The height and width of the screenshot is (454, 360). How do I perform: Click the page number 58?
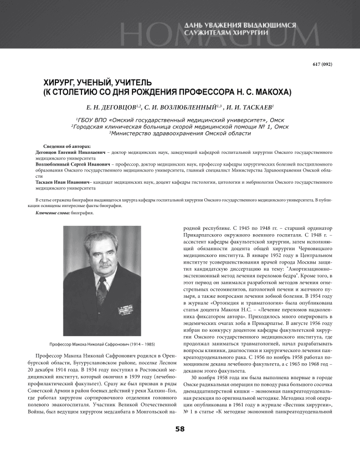point(180,430)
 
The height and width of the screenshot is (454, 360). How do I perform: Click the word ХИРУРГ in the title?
point(60,82)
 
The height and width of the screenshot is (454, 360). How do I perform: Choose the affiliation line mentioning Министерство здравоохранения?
point(180,133)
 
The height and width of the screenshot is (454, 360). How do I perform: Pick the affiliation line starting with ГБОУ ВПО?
point(180,120)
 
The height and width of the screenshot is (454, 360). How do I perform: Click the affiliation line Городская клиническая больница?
point(180,126)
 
